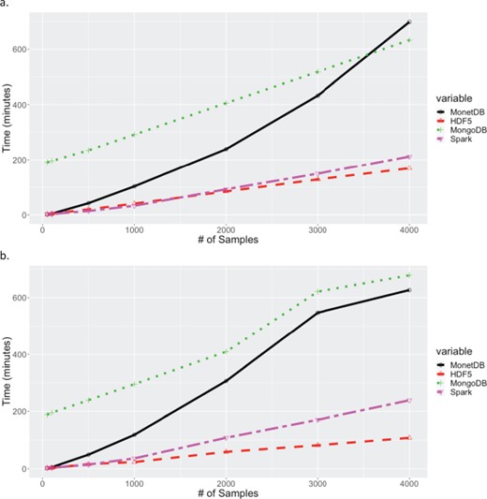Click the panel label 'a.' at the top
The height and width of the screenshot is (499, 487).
[6, 6]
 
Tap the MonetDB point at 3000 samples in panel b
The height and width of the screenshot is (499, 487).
[317, 313]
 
